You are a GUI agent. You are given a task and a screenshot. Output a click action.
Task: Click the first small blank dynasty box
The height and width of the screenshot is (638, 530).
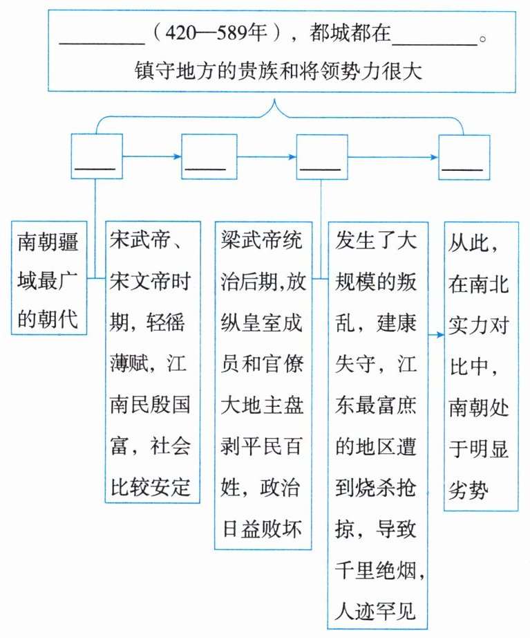tap(97, 157)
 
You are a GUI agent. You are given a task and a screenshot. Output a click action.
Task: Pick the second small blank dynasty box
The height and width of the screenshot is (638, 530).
tap(205, 157)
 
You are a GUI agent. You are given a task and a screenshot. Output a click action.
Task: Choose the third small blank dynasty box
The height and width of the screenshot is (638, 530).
tap(321, 157)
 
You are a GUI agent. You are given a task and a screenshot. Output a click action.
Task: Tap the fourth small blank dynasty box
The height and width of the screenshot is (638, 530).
tap(464, 157)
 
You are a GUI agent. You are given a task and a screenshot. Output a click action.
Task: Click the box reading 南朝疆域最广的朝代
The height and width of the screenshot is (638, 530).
tap(49, 277)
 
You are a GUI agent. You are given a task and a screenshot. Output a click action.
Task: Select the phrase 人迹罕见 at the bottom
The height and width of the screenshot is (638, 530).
tap(377, 613)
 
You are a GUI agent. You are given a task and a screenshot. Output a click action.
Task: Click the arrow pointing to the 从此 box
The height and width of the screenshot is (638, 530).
tap(437, 334)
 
